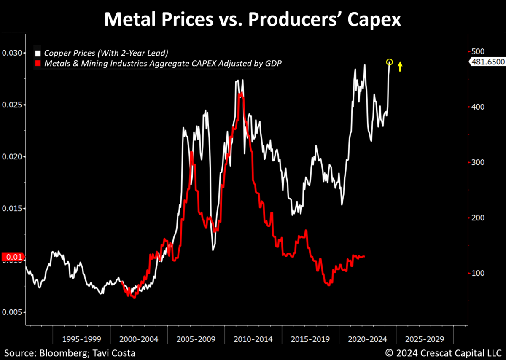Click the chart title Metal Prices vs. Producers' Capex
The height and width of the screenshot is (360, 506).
[x=253, y=19]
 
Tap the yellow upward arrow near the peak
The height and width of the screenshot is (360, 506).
[x=400, y=66]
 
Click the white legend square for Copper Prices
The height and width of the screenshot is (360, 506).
[x=38, y=54]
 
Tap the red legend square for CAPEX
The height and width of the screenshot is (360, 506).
[x=38, y=64]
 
